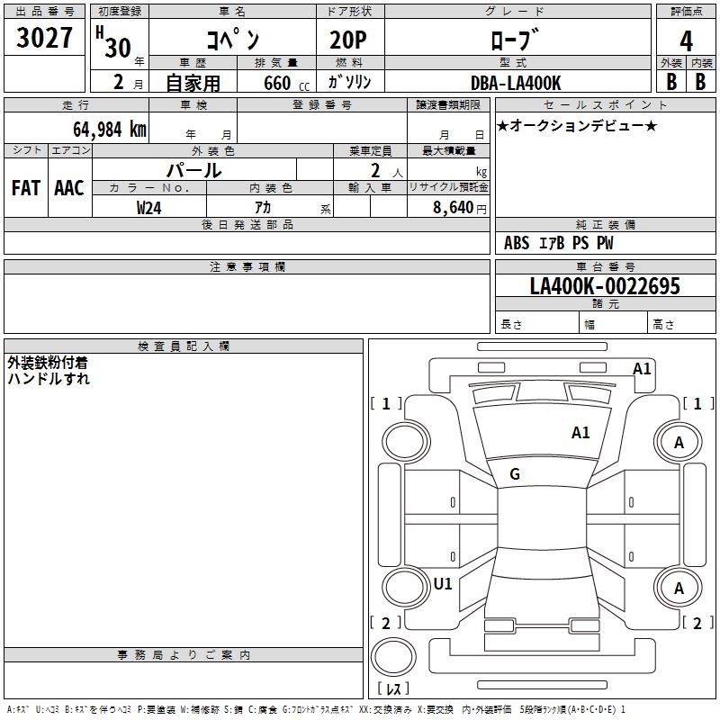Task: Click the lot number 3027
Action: [44, 37]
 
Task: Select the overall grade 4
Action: [686, 41]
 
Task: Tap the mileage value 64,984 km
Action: [109, 130]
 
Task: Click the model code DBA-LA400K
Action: [516, 83]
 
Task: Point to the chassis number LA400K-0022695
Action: [605, 286]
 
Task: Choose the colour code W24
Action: [148, 208]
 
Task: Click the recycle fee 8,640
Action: [453, 208]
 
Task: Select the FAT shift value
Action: [26, 188]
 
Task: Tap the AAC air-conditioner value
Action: [69, 188]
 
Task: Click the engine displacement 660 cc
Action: [286, 84]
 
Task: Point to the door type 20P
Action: [348, 40]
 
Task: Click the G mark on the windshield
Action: [515, 474]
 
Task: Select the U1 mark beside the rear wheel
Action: [443, 584]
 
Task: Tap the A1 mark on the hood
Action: [580, 433]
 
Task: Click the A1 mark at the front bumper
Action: [642, 369]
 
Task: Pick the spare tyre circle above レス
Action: [393, 657]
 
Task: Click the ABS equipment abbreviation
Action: [517, 243]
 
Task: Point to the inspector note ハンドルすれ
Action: [49, 379]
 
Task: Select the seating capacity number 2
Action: [375, 171]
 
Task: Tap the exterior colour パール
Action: [193, 171]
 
